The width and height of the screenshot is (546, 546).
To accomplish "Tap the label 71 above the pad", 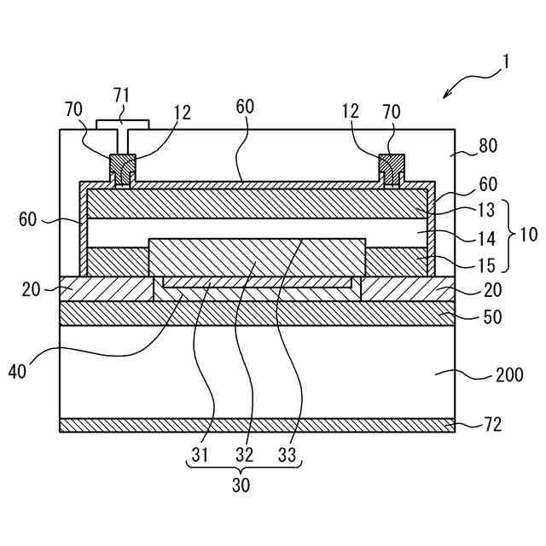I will (x=122, y=94).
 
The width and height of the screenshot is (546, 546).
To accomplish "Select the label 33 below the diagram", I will (x=288, y=456).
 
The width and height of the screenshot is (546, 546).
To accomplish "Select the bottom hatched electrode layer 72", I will (x=256, y=425).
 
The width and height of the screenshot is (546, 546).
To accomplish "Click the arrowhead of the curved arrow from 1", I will (x=445, y=96).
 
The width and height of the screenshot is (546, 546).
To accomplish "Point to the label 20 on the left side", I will (x=32, y=288).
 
